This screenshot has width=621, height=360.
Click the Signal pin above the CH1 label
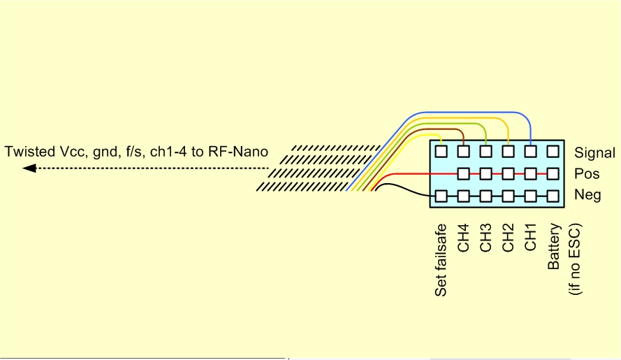click(530, 150)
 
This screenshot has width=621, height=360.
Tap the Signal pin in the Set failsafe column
click(441, 150)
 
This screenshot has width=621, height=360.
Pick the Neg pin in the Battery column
click(553, 196)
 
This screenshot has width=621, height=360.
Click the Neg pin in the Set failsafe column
click(441, 196)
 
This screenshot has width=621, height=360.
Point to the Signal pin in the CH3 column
click(485, 150)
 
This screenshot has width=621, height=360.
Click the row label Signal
click(594, 152)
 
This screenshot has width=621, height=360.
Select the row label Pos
click(586, 174)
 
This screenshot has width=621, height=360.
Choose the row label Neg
click(587, 196)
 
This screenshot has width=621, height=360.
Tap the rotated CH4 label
click(463, 238)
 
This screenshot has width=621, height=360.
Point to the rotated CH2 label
click(508, 238)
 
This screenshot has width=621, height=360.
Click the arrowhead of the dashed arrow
click(29, 168)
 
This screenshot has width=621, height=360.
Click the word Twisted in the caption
click(27, 151)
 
